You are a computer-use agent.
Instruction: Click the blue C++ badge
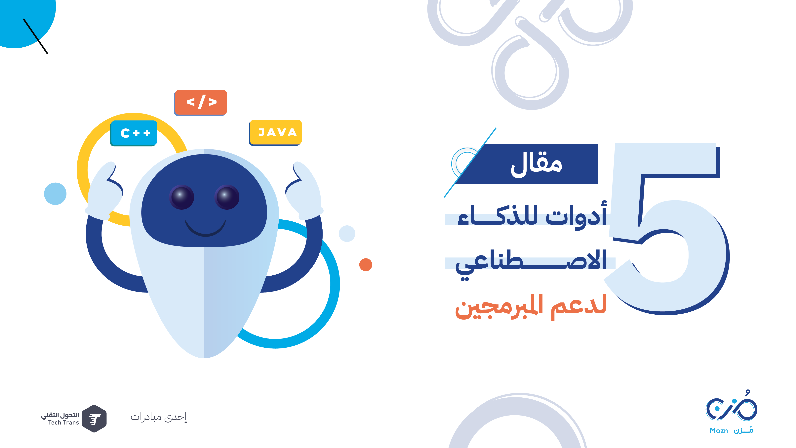(x=134, y=133)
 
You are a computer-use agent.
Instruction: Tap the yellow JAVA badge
(x=275, y=132)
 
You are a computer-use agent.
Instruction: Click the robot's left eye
(x=182, y=197)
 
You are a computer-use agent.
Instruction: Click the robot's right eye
(x=227, y=197)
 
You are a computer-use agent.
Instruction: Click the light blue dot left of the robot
(x=55, y=194)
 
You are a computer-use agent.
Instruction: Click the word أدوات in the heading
(x=576, y=215)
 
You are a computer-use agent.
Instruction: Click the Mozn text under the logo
(x=719, y=431)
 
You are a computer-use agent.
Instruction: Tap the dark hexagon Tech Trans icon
(x=94, y=419)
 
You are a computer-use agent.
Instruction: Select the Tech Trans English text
(x=64, y=423)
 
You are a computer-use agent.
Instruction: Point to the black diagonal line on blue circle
(x=36, y=36)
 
